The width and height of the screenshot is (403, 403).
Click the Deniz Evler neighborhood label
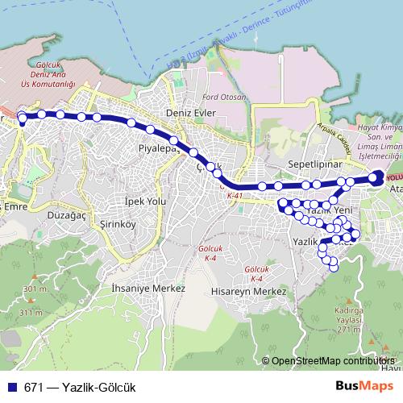click(x=189, y=113)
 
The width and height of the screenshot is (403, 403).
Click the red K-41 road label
click(x=235, y=195)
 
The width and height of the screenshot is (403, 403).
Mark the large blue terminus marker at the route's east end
click(x=378, y=178)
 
